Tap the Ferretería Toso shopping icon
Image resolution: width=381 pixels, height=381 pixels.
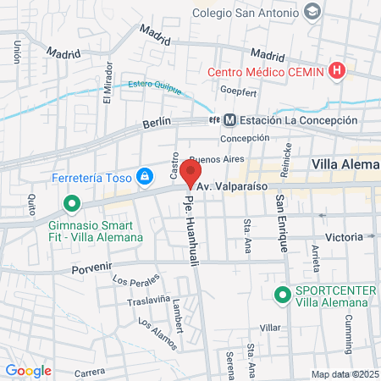coord(146,176)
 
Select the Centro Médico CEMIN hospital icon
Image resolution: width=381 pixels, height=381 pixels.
coord(338,71)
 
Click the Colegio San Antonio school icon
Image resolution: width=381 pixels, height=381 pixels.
coord(313,12)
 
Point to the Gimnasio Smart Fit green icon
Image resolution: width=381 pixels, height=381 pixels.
coord(72,205)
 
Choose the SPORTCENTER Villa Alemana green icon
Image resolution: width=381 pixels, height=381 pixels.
coord(282,295)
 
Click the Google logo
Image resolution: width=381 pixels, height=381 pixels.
coord(28,370)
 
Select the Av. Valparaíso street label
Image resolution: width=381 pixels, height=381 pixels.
coord(232,185)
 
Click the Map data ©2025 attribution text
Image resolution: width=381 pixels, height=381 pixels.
coord(344,374)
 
